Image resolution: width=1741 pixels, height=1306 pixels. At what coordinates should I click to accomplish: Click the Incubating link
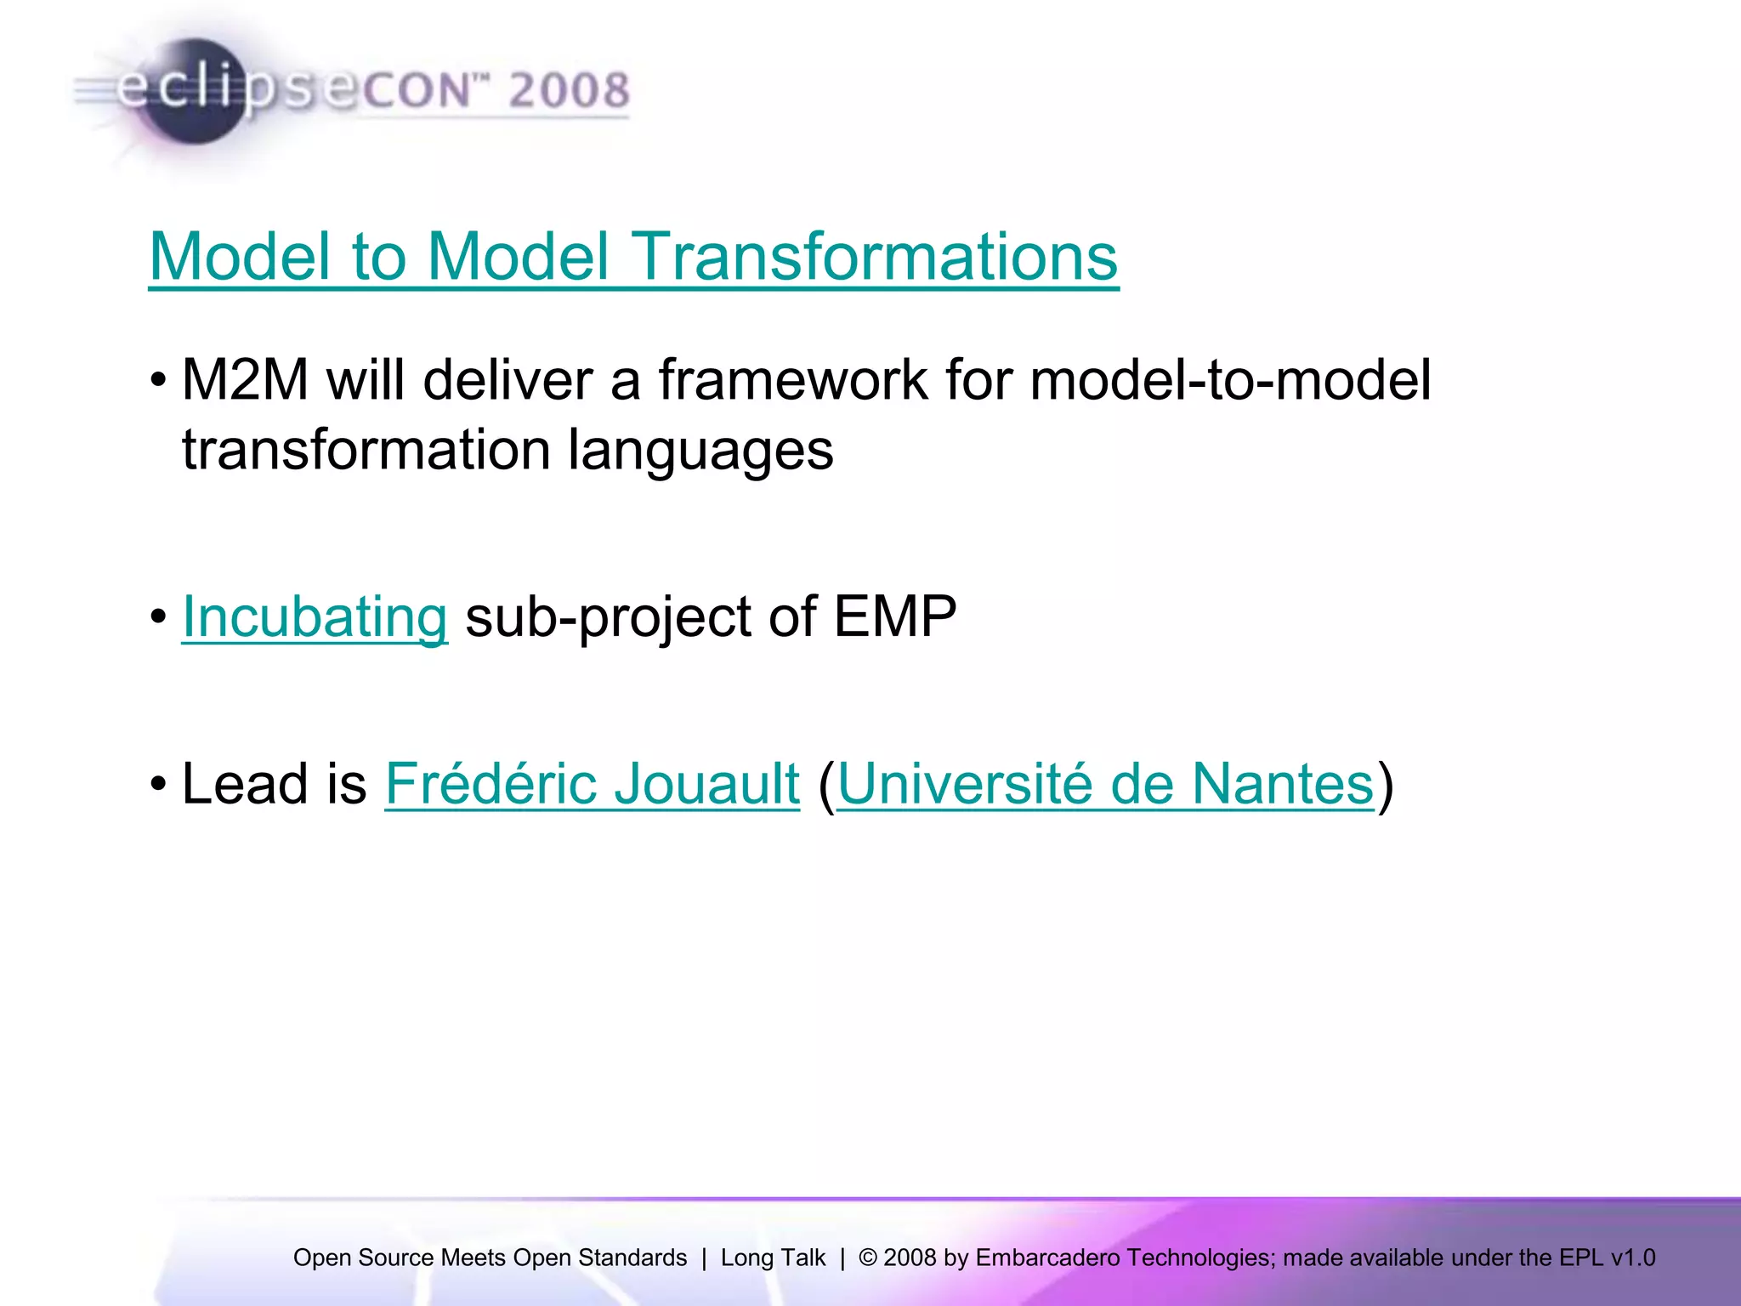[315, 616]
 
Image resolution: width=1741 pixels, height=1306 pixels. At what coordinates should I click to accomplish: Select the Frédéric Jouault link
[593, 783]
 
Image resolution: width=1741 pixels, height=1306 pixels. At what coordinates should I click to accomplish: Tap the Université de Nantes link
[1106, 783]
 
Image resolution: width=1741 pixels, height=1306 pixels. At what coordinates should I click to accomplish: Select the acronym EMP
[894, 616]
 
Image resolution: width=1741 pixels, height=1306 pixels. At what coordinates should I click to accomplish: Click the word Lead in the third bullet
[245, 783]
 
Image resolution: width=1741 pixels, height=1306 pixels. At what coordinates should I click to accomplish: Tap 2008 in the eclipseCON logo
[569, 90]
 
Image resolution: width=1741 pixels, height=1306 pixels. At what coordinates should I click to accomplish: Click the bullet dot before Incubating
[158, 616]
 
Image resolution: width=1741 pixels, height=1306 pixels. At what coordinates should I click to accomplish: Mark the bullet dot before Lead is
[158, 783]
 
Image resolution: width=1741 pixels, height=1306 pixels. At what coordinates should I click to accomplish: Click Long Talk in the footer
[773, 1258]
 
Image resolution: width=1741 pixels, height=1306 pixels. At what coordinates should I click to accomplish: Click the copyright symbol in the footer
[867, 1258]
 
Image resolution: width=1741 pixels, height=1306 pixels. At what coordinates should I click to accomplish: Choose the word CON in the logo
[416, 90]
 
